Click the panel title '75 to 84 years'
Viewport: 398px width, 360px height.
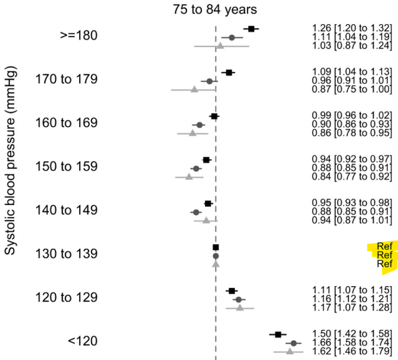(215, 10)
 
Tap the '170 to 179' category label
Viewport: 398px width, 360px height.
(66, 80)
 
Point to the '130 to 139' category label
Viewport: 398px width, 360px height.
(66, 254)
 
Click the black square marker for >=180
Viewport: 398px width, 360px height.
(252, 28)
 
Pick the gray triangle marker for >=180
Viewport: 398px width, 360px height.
(220, 46)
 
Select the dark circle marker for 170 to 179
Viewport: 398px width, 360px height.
(209, 81)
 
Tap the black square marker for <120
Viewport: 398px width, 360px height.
(278, 335)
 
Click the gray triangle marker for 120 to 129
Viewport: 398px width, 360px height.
(240, 307)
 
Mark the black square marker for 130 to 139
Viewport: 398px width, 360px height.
(216, 247)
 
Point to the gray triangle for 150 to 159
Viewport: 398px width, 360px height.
(189, 176)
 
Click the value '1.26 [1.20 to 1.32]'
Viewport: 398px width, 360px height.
(352, 28)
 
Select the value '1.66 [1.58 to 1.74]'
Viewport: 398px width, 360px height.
(352, 343)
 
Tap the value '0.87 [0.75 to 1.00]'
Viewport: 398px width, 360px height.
(352, 89)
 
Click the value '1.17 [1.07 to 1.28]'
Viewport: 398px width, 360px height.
(352, 307)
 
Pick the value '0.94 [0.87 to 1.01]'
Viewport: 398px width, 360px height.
(352, 220)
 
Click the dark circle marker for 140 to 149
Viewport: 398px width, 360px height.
(196, 212)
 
